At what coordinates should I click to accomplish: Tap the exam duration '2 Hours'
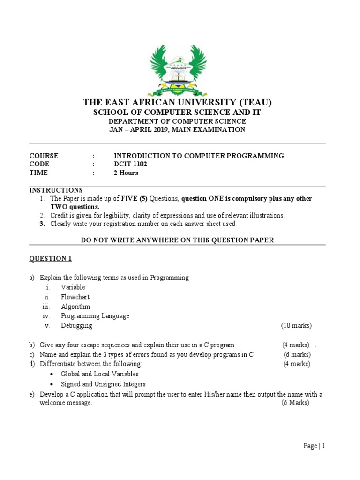pos(126,172)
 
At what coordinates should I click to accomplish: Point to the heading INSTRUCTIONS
pos(56,190)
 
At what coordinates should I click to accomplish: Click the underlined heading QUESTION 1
pos(51,258)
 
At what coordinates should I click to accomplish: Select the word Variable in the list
pos(73,287)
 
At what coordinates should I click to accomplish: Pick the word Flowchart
pos(75,297)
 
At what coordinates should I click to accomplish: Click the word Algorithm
pos(75,307)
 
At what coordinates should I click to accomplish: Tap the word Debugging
pos(76,325)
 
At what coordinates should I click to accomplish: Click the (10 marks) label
pos(296,325)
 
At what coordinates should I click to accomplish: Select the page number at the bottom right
pos(314,446)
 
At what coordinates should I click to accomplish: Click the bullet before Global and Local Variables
pos(51,374)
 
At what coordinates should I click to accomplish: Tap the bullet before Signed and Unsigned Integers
pos(51,384)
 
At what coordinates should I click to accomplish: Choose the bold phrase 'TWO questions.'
pos(75,206)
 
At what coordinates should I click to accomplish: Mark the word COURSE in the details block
pos(44,156)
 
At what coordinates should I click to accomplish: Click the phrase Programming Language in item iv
pos(95,316)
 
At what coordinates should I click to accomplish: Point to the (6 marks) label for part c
pos(297,354)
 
